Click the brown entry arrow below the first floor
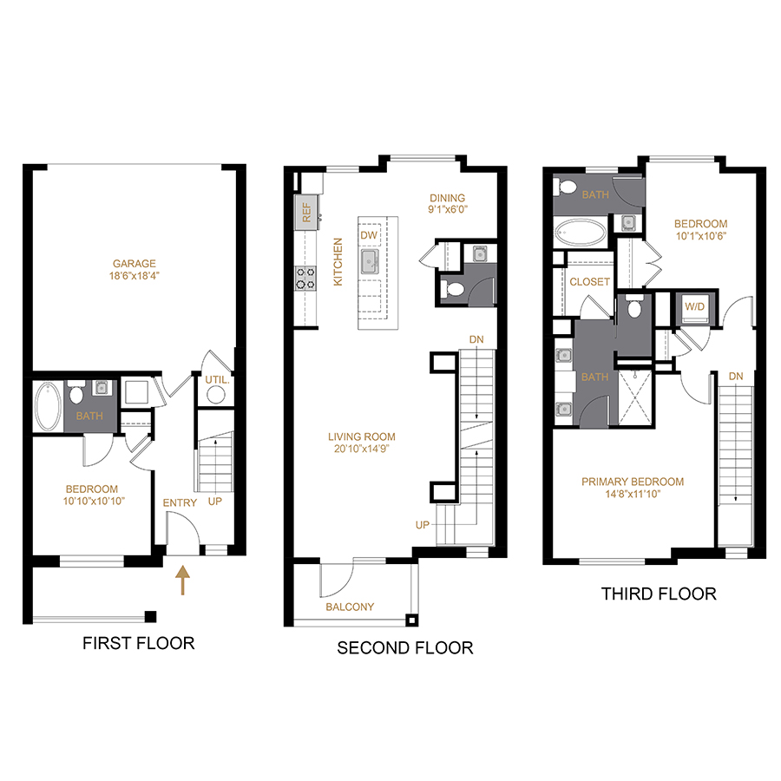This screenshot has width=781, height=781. click(x=183, y=580)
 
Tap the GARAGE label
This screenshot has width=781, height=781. click(x=134, y=264)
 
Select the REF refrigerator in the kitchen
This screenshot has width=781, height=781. click(x=306, y=211)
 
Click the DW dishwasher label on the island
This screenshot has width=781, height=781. click(x=368, y=235)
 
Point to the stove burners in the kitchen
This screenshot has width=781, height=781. click(x=306, y=278)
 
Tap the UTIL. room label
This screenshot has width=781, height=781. click(x=215, y=379)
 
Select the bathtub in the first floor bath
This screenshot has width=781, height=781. click(x=48, y=405)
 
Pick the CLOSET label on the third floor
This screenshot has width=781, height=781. click(x=590, y=282)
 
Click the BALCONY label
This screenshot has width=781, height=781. click(x=350, y=607)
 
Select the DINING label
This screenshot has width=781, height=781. click(x=447, y=198)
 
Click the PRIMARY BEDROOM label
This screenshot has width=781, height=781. click(x=633, y=482)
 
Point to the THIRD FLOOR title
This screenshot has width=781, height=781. click(x=659, y=594)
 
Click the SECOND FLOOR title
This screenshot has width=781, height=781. click(x=405, y=647)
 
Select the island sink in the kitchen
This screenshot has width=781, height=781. click(x=370, y=261)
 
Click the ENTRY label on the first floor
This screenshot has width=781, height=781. click(x=180, y=502)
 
